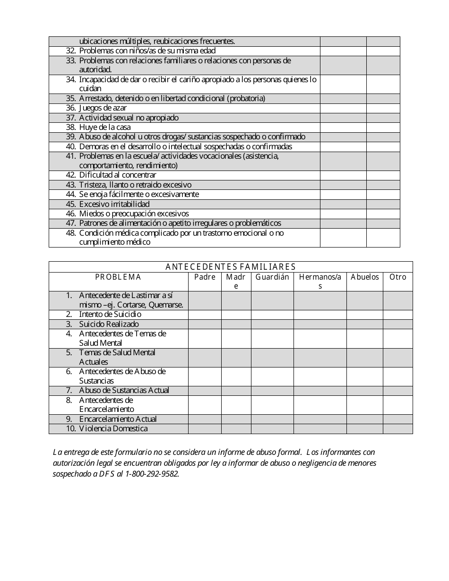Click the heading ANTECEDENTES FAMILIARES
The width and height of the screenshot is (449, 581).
pyautogui.click(x=231, y=266)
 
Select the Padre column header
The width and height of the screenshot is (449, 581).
pyautogui.click(x=205, y=277)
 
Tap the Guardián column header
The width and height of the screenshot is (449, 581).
pyautogui.click(x=272, y=277)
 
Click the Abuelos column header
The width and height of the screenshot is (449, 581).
pyautogui.click(x=364, y=277)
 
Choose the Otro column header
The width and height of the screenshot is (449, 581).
pyautogui.click(x=397, y=277)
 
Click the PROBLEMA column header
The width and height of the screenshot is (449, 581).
pyautogui.click(x=118, y=277)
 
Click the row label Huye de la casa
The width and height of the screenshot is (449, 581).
pyautogui.click(x=105, y=127)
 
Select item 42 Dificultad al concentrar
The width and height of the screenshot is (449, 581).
pyautogui.click(x=117, y=175)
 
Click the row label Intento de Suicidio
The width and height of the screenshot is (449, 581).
pyautogui.click(x=110, y=315)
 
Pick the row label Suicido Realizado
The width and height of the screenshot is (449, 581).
pyautogui.click(x=109, y=324)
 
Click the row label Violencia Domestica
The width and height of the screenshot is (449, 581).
pyautogui.click(x=113, y=429)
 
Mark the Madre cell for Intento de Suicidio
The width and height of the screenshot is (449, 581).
pyautogui.click(x=236, y=315)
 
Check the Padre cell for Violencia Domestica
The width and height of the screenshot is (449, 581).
pyautogui.click(x=205, y=429)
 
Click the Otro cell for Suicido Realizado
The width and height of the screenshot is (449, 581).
pyautogui.click(x=397, y=324)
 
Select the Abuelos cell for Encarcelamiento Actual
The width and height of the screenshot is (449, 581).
pyautogui.click(x=364, y=419)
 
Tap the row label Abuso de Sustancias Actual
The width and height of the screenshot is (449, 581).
pyautogui.click(x=124, y=391)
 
